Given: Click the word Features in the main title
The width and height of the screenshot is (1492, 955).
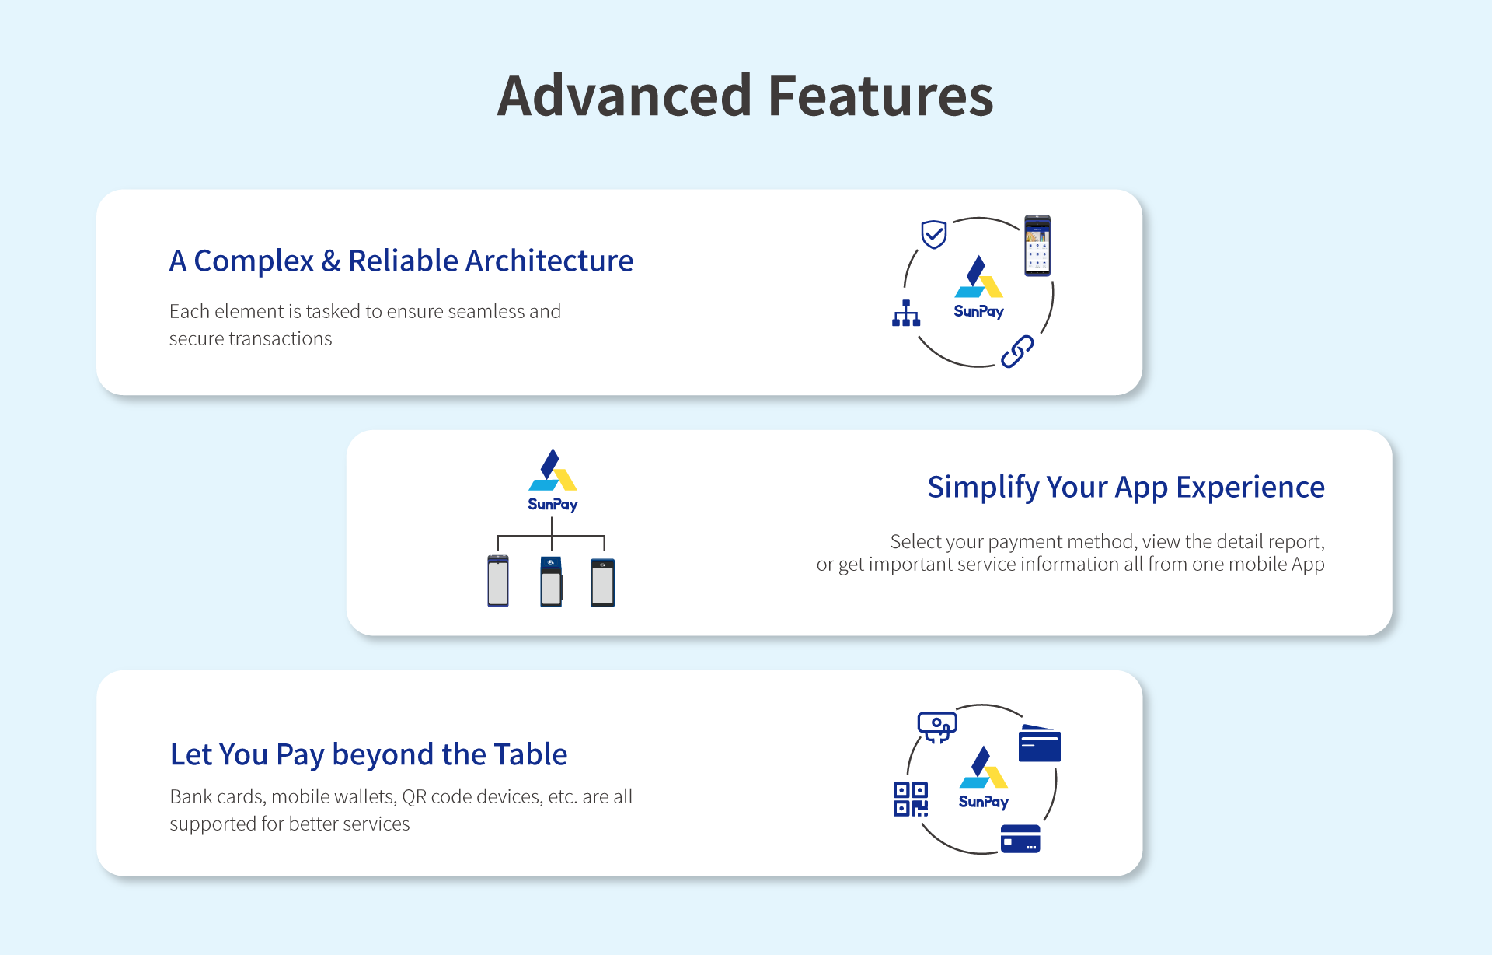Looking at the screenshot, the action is (x=881, y=96).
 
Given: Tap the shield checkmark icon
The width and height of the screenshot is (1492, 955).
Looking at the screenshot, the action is (x=933, y=234).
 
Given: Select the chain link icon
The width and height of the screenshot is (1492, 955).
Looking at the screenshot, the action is (x=1017, y=352).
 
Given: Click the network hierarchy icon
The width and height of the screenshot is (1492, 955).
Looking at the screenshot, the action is (x=906, y=313).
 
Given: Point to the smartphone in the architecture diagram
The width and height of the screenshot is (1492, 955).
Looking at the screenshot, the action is (x=1037, y=245).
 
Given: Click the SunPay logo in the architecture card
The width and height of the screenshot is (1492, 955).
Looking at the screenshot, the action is (x=979, y=288).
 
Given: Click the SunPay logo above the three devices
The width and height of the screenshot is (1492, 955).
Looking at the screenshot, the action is (x=553, y=481).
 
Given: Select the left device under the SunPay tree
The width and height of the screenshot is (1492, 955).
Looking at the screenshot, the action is (x=498, y=581).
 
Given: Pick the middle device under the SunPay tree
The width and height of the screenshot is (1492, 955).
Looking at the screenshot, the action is (x=551, y=582).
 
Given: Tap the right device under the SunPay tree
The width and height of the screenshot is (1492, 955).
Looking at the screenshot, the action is (x=602, y=582).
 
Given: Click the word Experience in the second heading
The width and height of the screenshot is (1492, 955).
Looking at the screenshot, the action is (x=1250, y=488).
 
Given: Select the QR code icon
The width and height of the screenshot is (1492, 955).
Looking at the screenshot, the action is (x=911, y=799).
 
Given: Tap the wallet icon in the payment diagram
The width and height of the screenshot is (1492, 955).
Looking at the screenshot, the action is (x=1040, y=743).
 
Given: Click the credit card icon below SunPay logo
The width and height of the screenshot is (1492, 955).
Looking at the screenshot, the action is (x=1020, y=839).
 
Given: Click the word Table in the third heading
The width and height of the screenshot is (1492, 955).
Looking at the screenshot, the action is (x=531, y=754).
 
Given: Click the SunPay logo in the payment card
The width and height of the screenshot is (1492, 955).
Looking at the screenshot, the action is (x=984, y=778).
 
